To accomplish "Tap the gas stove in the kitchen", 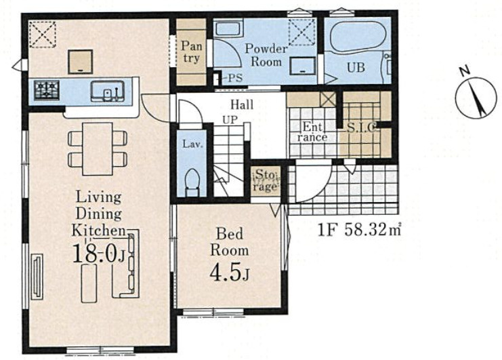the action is pyautogui.click(x=47, y=90).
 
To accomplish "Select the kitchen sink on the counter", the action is pyautogui.click(x=108, y=92).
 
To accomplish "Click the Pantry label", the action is pyautogui.click(x=192, y=52).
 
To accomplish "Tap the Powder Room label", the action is pyautogui.click(x=266, y=55).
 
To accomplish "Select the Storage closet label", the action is pyautogui.click(x=265, y=180).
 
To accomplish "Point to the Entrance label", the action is pyautogui.click(x=312, y=132).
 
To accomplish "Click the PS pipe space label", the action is pyautogui.click(x=235, y=78).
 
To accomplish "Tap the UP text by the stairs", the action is pyautogui.click(x=230, y=120).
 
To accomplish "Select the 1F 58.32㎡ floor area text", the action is pyautogui.click(x=359, y=230).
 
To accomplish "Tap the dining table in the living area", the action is pyautogui.click(x=98, y=149).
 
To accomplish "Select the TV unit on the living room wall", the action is pyautogui.click(x=37, y=277).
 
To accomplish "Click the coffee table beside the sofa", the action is pyautogui.click(x=89, y=284).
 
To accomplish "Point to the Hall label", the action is pyautogui.click(x=242, y=104).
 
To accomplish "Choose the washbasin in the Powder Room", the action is pyautogui.click(x=303, y=66).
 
